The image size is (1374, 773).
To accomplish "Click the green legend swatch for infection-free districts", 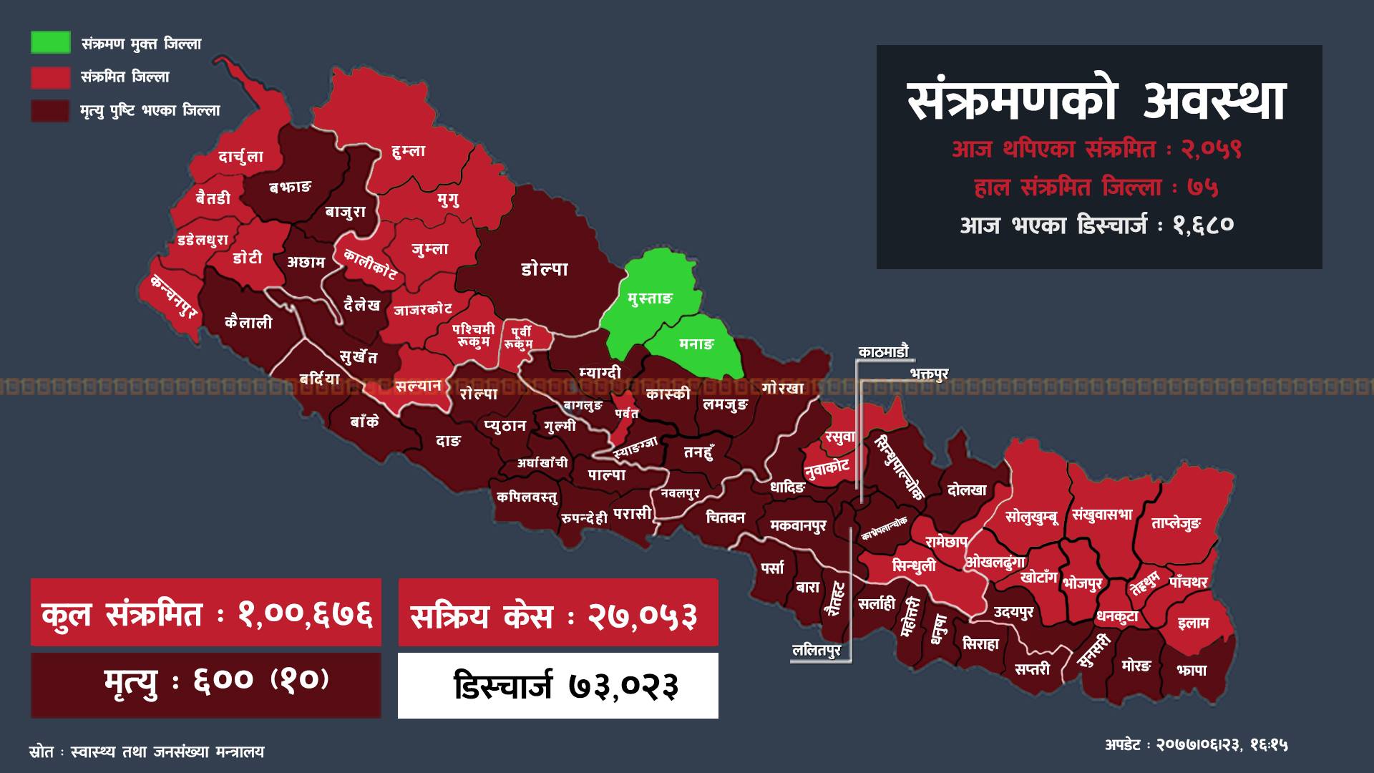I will point(50,42).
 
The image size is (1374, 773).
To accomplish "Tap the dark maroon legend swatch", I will point(50,110).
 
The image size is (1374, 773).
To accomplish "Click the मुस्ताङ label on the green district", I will point(650,298).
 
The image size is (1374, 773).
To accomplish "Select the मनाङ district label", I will point(696,344).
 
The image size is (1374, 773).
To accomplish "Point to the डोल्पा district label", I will point(545,269).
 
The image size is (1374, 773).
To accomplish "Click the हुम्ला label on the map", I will point(409,151).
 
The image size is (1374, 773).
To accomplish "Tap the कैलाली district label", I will point(248,322).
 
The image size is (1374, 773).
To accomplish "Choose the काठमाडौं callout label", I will point(884,351).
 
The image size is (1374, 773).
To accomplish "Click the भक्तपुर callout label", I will point(929,374).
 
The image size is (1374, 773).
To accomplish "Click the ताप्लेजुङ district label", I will point(1175,524).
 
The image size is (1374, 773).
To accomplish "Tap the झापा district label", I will point(1191,670).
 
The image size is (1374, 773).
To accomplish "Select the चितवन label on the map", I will point(725,517).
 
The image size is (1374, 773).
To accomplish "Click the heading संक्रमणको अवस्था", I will point(1098,102).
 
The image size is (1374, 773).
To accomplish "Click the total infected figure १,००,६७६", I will point(306,615).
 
